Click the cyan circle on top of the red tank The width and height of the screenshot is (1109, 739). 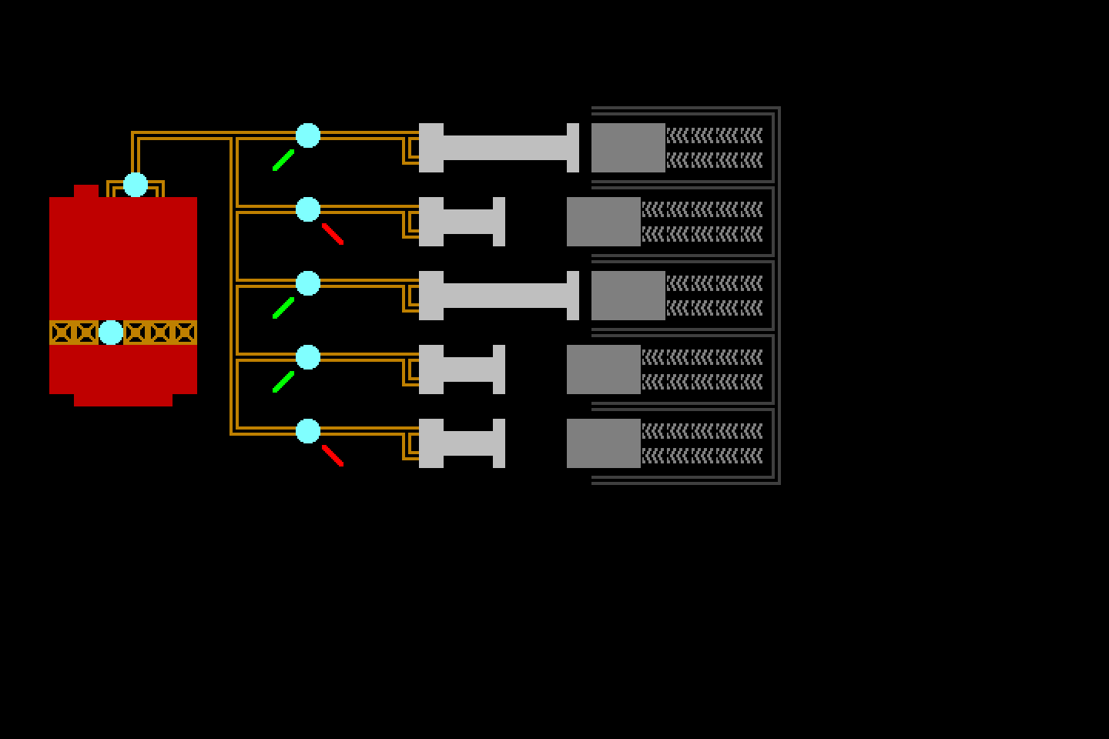[136, 185]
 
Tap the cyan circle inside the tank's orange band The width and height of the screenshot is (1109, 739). [111, 333]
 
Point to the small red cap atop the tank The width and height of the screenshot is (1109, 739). [86, 191]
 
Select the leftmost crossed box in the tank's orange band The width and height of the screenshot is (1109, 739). [62, 333]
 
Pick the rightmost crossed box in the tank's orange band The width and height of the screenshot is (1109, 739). [185, 333]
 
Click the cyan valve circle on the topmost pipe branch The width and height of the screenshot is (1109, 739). [308, 135]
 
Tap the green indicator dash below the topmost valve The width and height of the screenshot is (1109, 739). [283, 160]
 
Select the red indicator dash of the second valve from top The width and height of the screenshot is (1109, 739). [333, 234]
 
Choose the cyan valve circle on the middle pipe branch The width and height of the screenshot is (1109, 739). [308, 283]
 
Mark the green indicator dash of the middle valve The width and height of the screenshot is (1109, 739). [283, 308]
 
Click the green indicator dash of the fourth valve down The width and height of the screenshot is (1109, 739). [283, 382]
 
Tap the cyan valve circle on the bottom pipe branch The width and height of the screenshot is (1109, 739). [308, 431]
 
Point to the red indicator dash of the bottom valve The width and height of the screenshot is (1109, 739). [333, 456]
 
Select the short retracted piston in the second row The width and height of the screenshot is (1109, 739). [462, 222]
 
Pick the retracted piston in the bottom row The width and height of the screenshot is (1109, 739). [462, 443]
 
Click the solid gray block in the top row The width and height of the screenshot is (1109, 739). [628, 148]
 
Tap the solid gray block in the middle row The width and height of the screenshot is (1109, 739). [628, 296]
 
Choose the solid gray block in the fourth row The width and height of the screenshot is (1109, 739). [604, 369]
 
